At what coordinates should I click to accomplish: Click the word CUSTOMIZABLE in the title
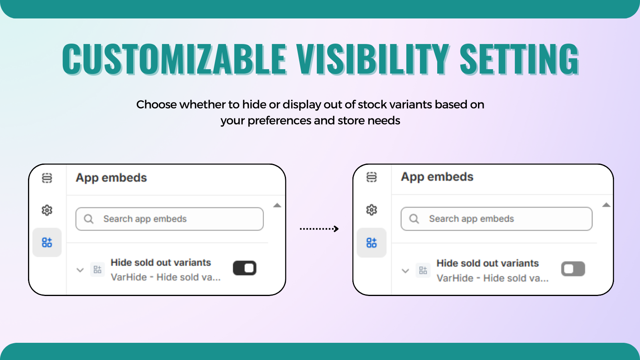(174, 59)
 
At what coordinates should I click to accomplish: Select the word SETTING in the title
(519, 59)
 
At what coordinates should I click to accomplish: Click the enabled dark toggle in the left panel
(244, 268)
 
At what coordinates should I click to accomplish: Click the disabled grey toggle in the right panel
(573, 269)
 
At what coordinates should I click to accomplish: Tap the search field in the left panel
(170, 219)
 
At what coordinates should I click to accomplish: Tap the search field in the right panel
(496, 219)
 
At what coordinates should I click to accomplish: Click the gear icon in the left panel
(47, 210)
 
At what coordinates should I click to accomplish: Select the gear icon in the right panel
(372, 210)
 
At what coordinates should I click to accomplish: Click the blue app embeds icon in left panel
(47, 242)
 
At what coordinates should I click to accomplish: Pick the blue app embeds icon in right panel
(372, 242)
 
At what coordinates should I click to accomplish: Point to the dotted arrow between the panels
(319, 229)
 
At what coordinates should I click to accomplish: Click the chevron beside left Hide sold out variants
(80, 270)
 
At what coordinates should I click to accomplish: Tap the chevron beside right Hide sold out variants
(405, 271)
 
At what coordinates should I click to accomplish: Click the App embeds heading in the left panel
(111, 178)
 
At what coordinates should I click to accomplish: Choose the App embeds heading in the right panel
(437, 177)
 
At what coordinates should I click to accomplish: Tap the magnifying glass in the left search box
(89, 219)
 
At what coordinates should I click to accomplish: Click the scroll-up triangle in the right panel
(606, 205)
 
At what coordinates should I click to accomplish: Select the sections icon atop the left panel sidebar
(47, 178)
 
